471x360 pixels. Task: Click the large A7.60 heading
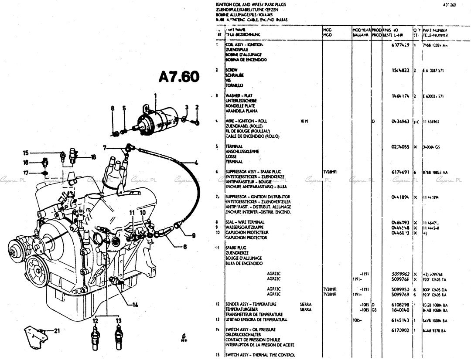coord(179,77)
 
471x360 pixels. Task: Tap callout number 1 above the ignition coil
coord(154,95)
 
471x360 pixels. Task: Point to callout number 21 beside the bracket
coord(56,330)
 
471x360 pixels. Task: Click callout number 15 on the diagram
coord(26,153)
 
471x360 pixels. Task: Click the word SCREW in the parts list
coord(232,70)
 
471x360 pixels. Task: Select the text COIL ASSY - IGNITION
coord(244,45)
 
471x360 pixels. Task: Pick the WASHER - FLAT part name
coord(239,95)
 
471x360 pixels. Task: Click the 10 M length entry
coord(304,121)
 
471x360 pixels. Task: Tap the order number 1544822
coord(400,70)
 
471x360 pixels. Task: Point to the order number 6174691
coord(400,172)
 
